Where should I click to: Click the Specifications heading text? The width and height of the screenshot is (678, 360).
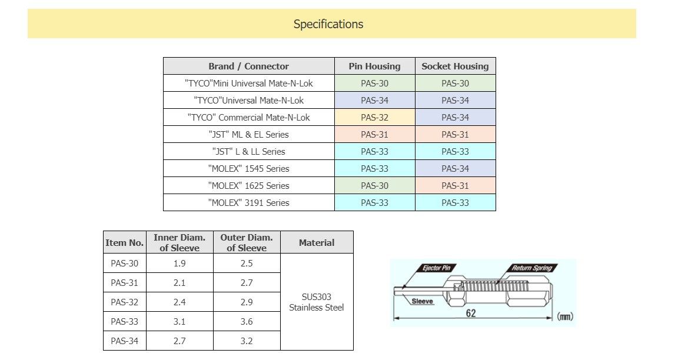(328, 24)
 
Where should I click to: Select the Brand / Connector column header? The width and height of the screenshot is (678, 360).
(248, 66)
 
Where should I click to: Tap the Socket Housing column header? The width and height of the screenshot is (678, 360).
(455, 66)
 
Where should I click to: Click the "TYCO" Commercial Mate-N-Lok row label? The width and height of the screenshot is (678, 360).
(248, 118)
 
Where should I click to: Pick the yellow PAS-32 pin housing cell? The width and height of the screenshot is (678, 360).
(374, 118)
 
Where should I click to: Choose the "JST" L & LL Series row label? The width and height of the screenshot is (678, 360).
(248, 152)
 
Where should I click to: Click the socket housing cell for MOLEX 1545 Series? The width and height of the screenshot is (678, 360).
(455, 169)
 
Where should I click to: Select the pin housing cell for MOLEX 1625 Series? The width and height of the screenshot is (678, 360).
(374, 186)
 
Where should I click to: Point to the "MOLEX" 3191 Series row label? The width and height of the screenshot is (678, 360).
(248, 203)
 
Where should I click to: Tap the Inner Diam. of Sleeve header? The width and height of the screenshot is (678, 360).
(180, 242)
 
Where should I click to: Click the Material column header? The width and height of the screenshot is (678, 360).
(317, 242)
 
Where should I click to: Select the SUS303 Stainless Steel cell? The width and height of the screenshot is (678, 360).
(317, 302)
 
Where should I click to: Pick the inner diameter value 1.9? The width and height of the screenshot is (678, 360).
(180, 264)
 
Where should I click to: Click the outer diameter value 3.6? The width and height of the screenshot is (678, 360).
(247, 322)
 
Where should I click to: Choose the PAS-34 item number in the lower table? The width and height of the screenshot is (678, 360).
(124, 341)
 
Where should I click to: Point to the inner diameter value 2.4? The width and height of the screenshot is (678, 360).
(180, 302)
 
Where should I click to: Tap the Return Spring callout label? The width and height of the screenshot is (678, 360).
(531, 268)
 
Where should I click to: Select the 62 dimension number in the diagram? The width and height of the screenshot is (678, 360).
(471, 314)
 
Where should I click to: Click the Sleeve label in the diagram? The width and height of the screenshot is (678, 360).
(422, 301)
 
